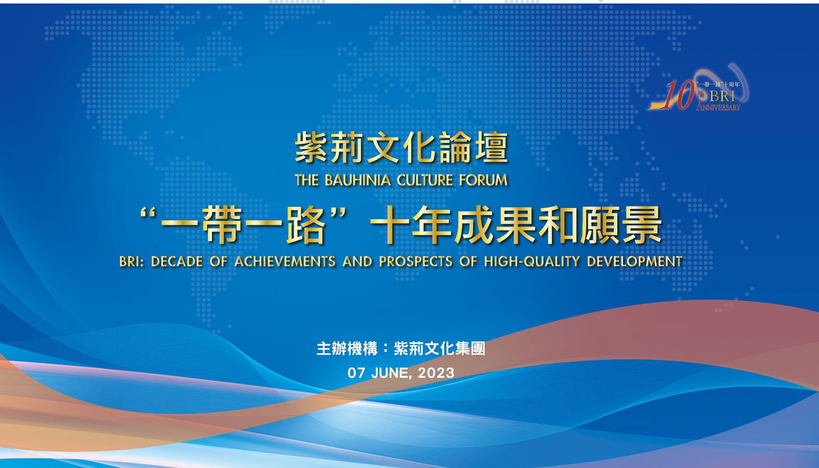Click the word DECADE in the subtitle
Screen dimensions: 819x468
tap(177, 262)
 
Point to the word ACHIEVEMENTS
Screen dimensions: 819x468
tap(285, 262)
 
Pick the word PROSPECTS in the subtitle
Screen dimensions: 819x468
tap(416, 262)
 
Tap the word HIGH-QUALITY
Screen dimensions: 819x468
tap(532, 262)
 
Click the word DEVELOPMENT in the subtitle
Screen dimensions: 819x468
tap(635, 262)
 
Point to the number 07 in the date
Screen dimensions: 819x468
tap(356, 373)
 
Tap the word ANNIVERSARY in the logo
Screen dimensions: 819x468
tap(718, 107)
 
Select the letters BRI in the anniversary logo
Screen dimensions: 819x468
tap(722, 96)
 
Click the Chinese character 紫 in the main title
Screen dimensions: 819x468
tap(311, 147)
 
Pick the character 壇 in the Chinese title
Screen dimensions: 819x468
tap(491, 147)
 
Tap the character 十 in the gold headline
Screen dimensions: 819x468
tap(390, 224)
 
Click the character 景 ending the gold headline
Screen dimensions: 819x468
tap(642, 224)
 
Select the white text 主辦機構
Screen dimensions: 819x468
tap(347, 349)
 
